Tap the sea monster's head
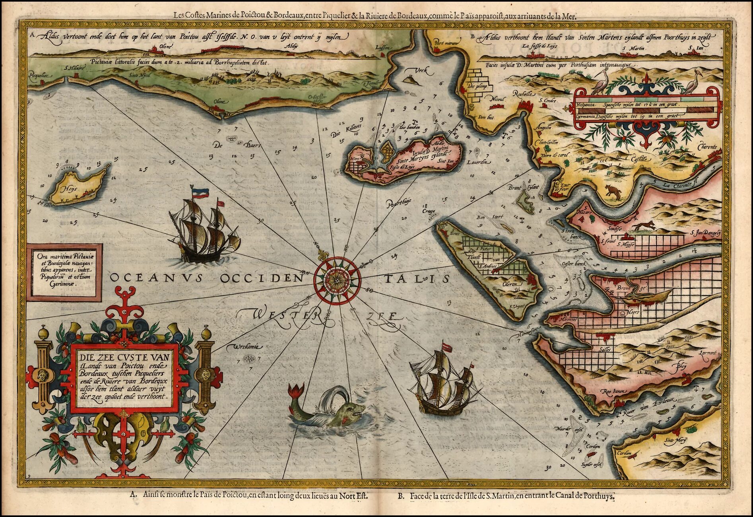[x=351, y=412]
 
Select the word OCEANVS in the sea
[x=159, y=278]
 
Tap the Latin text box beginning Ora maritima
[x=64, y=270]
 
